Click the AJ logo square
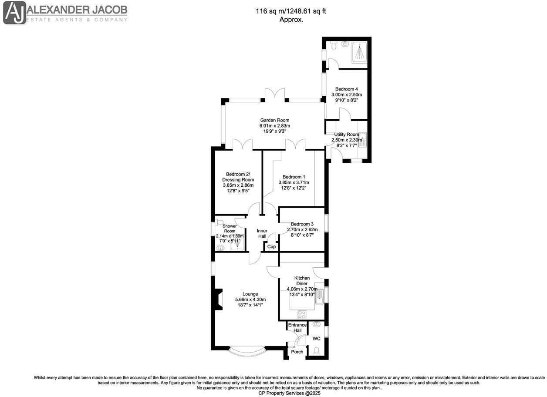[x=14, y=13]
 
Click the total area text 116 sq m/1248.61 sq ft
[x=291, y=12]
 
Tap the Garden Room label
[x=274, y=120]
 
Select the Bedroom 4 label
[x=346, y=89]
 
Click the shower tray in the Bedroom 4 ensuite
[x=359, y=52]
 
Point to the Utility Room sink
[x=362, y=140]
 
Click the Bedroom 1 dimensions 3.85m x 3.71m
[x=293, y=182]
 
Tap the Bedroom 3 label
[x=302, y=224]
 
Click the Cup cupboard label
[x=271, y=246]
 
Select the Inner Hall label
[x=262, y=233]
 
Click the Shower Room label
[x=230, y=229]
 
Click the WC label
[x=317, y=338]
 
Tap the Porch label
[x=297, y=352]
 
